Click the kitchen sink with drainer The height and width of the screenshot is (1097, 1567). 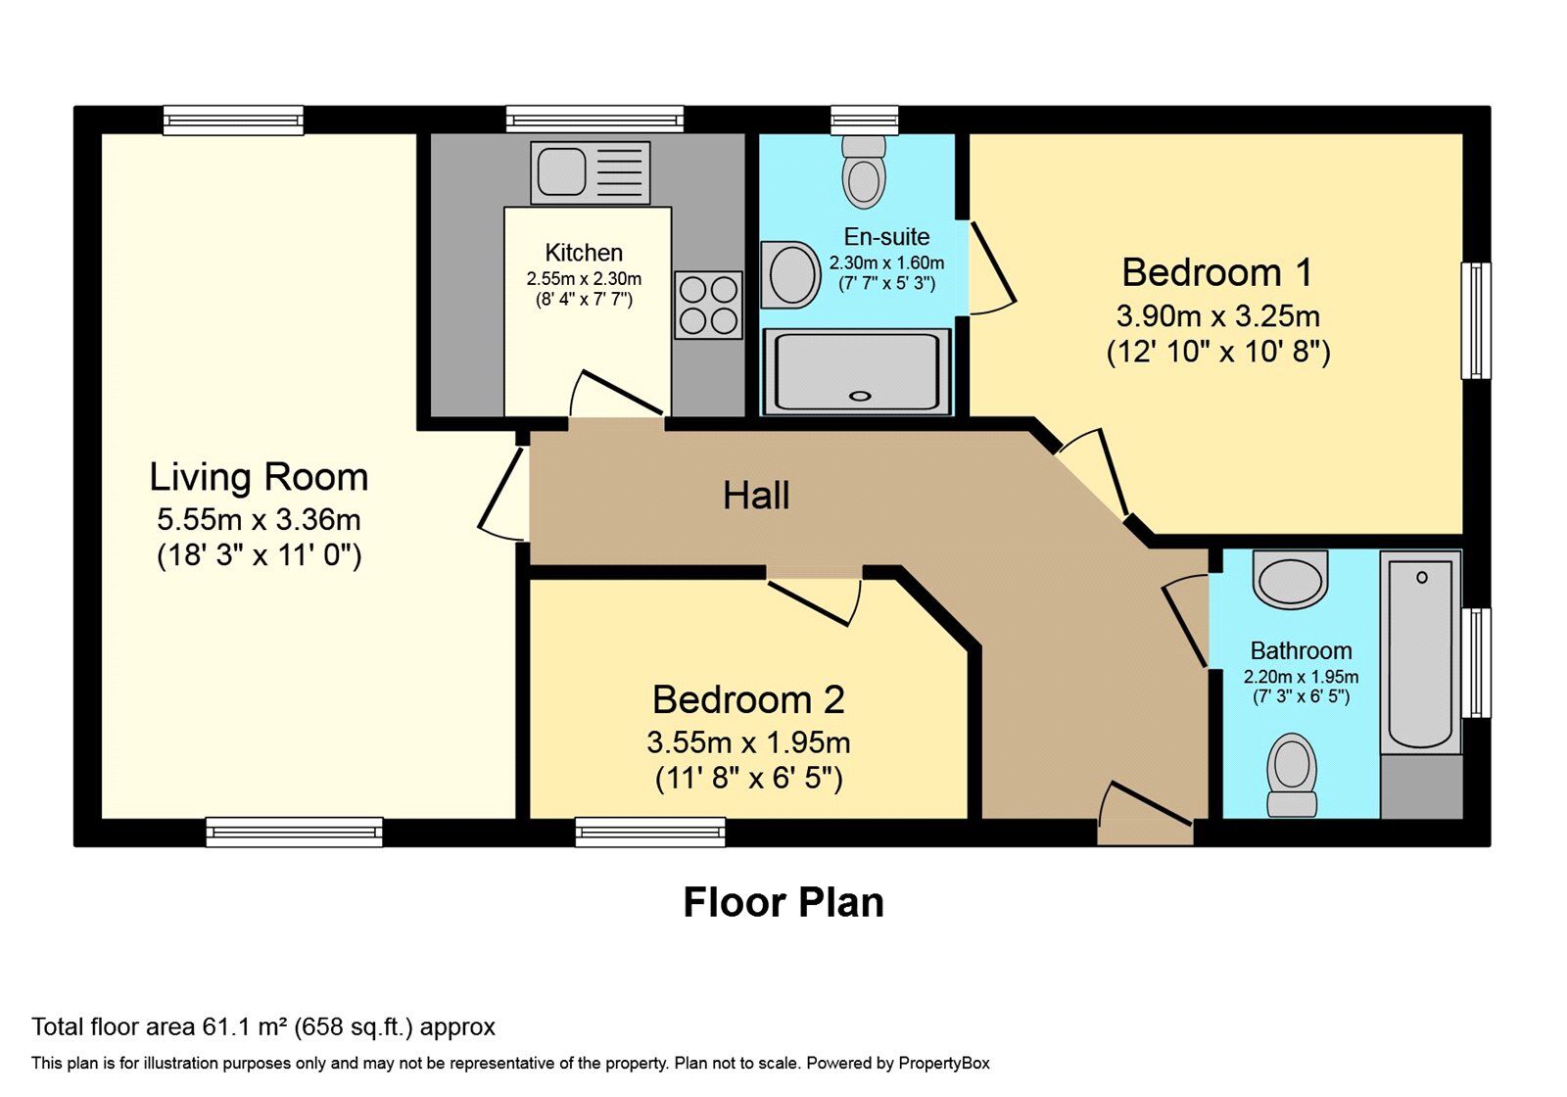click(x=591, y=172)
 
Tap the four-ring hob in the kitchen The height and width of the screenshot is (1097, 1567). click(x=708, y=305)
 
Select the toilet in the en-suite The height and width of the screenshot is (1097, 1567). click(x=864, y=171)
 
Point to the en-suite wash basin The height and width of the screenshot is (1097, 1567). click(x=790, y=275)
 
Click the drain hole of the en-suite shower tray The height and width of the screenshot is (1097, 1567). click(x=860, y=396)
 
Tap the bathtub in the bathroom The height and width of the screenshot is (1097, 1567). click(x=1420, y=652)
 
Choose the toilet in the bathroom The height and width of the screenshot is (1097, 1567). click(x=1292, y=775)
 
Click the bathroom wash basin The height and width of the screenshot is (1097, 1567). click(x=1290, y=578)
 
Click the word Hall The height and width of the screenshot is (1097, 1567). click(x=756, y=496)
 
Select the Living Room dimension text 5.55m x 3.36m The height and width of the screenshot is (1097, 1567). click(x=259, y=520)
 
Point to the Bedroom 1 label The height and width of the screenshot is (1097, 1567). click(x=1218, y=272)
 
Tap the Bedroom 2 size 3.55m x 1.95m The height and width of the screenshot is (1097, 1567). click(x=748, y=743)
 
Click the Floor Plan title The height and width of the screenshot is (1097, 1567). click(x=783, y=902)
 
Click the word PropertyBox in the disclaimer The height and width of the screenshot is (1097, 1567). click(x=944, y=1064)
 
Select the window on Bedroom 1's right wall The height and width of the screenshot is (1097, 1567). click(x=1475, y=321)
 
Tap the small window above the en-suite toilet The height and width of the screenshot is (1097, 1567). click(x=864, y=119)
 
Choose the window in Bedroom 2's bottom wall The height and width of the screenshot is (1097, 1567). click(x=650, y=832)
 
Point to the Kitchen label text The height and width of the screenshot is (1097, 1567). click(x=584, y=253)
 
